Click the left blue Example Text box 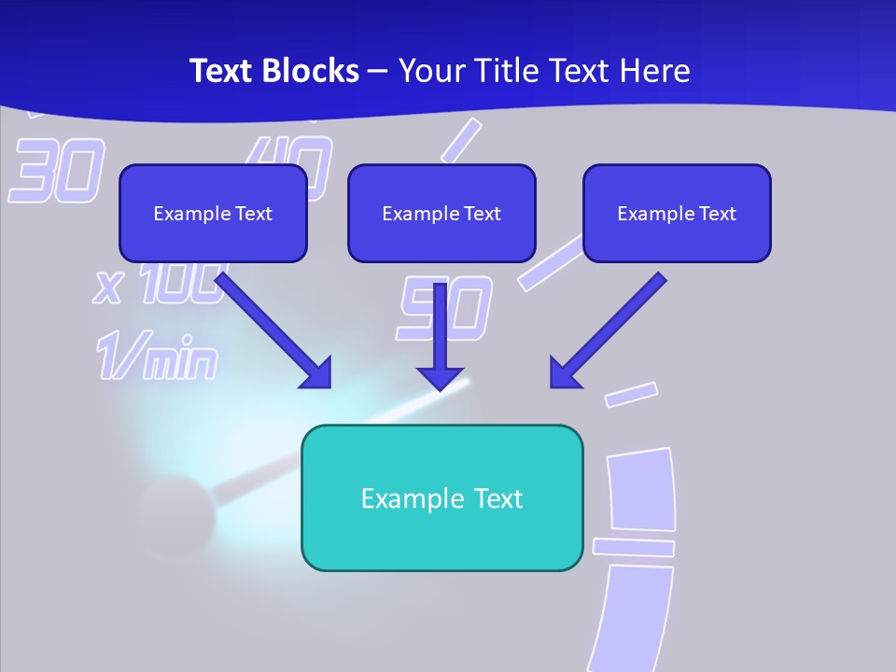point(213,214)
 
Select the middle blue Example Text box point(441,214)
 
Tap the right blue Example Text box point(677,214)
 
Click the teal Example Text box point(442,498)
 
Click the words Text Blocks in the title point(273,71)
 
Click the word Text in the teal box point(499,498)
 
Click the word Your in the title point(430,71)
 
